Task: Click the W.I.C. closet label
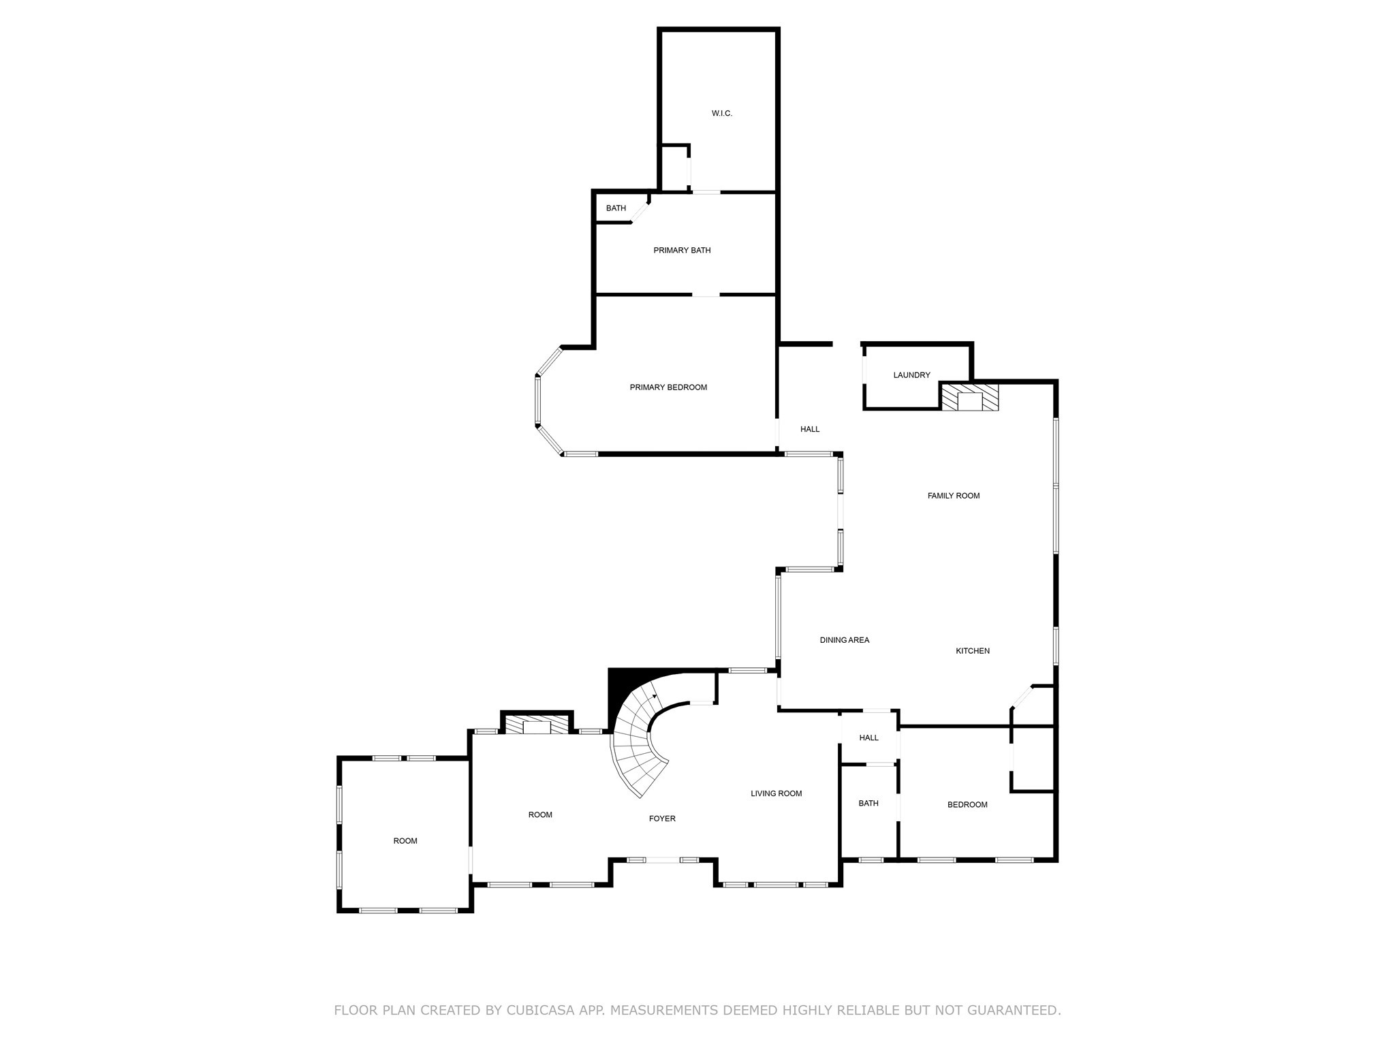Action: pyautogui.click(x=721, y=114)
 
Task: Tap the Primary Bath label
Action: pyautogui.click(x=682, y=251)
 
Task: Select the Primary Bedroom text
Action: pyautogui.click(x=668, y=387)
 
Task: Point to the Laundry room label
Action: pyautogui.click(x=911, y=375)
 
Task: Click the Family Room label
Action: pyautogui.click(x=953, y=496)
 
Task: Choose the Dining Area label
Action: pyautogui.click(x=844, y=640)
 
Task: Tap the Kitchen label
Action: pyautogui.click(x=972, y=651)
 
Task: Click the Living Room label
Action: pyautogui.click(x=776, y=793)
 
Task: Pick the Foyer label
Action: pyautogui.click(x=661, y=819)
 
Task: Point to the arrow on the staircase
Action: pyautogui.click(x=654, y=695)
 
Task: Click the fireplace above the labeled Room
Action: pyautogui.click(x=537, y=725)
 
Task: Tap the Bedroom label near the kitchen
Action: pyautogui.click(x=967, y=805)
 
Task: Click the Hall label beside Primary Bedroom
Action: pyautogui.click(x=809, y=429)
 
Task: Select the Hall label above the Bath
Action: pyautogui.click(x=868, y=738)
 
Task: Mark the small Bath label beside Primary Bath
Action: pyautogui.click(x=616, y=208)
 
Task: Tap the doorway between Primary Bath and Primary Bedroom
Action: pyautogui.click(x=706, y=295)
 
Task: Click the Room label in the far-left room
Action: pyautogui.click(x=405, y=841)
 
